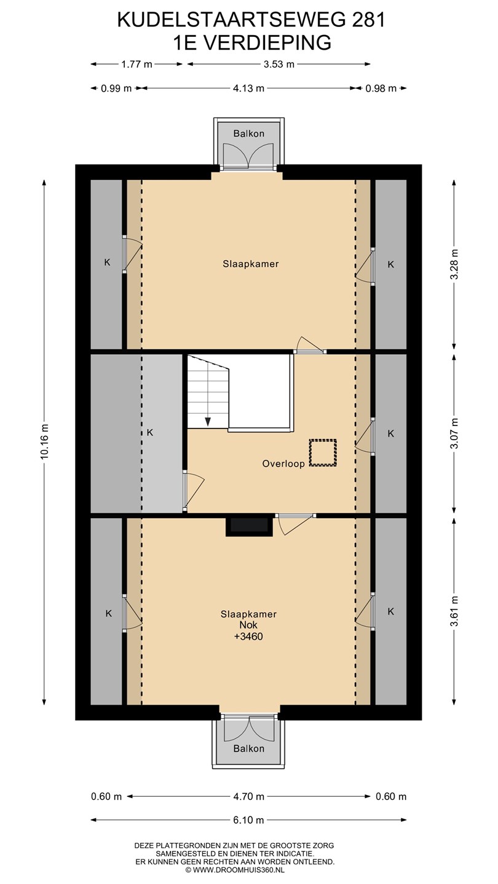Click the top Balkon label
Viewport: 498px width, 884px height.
248,133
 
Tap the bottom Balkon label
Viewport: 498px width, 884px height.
248,748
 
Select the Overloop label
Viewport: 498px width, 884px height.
283,463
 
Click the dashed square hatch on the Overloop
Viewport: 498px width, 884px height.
323,453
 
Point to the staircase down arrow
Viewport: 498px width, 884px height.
208,421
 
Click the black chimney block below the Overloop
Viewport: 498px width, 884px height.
249,527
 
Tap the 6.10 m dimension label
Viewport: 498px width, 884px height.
248,820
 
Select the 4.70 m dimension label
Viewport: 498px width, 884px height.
248,796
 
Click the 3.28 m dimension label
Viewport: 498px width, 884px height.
454,264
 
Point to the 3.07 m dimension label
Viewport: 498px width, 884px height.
454,433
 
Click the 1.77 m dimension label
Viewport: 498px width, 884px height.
136,64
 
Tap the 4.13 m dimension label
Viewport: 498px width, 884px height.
248,88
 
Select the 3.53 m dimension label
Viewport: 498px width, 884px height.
279,64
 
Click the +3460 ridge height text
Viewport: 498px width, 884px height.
248,636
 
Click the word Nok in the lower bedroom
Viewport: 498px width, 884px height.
248,625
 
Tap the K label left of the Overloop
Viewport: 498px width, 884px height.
150,433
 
